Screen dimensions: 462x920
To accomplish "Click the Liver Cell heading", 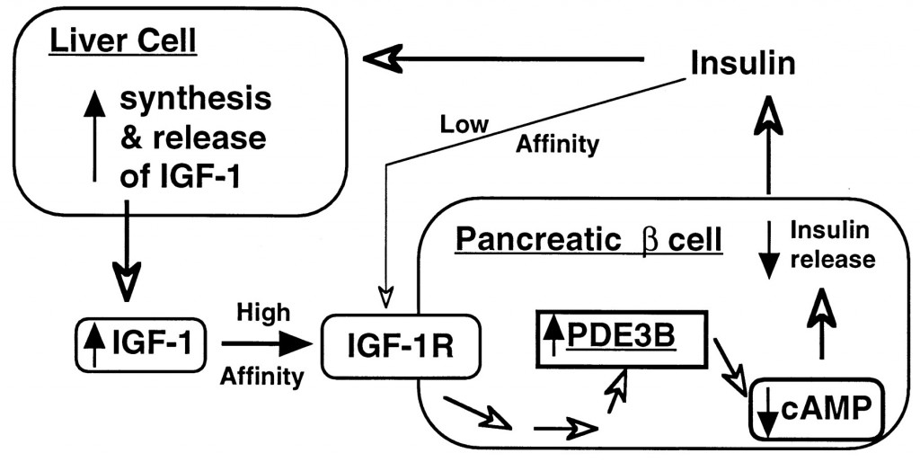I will [124, 42].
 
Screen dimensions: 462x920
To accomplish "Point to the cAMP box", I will [812, 409].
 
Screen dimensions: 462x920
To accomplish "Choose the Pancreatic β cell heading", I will [588, 240].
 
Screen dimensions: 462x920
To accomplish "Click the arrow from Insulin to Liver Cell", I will [503, 60].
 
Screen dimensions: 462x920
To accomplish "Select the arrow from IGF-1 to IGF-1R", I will [265, 342].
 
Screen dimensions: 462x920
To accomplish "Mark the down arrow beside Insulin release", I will [767, 253].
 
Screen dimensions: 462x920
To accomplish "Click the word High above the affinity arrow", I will [263, 312].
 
